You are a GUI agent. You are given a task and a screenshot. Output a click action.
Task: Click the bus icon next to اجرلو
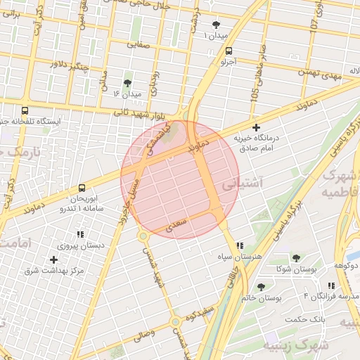[229, 51]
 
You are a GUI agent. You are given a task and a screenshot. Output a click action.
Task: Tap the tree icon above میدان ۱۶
[127, 83]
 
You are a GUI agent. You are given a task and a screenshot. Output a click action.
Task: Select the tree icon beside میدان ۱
[215, 25]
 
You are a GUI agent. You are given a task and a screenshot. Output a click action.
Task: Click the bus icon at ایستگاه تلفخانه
[25, 110]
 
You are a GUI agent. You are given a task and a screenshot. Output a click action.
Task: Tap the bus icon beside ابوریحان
[82, 188]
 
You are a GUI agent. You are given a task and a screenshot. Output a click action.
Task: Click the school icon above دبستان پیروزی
[79, 234]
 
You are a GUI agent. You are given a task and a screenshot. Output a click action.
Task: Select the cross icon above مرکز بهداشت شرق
[53, 259]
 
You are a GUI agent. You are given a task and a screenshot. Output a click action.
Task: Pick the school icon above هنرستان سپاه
[240, 246]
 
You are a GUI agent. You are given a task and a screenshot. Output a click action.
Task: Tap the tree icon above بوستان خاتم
[262, 287]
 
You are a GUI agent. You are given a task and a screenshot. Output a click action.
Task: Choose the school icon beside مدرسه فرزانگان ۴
[330, 285]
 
